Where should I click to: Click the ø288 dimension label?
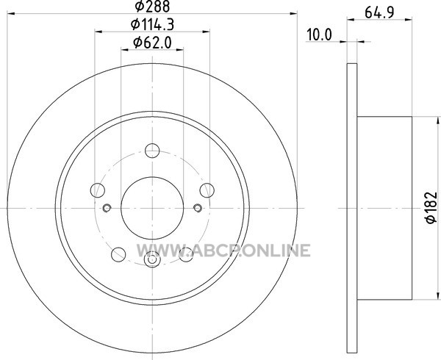tap(152, 6)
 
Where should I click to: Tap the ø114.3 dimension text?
tap(152, 24)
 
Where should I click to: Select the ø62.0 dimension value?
tap(152, 43)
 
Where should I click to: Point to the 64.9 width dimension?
tap(379, 12)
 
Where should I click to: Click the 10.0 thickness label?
tap(319, 35)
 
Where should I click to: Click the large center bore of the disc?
tap(152, 208)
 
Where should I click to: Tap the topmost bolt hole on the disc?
tap(152, 151)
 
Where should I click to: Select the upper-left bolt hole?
tap(98, 190)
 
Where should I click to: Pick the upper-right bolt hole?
tap(207, 190)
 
